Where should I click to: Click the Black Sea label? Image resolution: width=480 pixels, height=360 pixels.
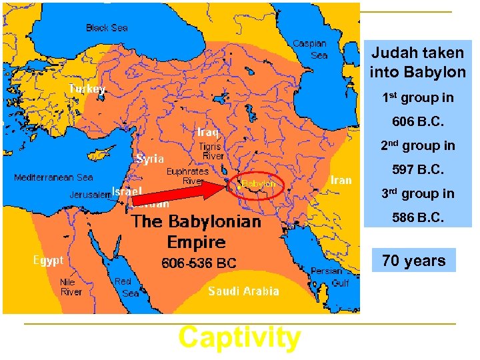point(107,28)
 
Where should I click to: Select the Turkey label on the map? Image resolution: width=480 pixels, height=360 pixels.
point(87,89)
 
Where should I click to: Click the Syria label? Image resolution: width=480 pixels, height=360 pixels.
point(151,159)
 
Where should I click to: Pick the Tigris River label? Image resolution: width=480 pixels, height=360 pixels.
point(212,151)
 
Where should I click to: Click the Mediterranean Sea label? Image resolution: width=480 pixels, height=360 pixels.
point(53,178)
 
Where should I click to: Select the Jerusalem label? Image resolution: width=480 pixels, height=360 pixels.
point(90,195)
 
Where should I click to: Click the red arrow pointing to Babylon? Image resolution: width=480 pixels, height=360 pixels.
point(180,193)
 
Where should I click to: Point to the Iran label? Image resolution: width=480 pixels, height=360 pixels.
point(341,180)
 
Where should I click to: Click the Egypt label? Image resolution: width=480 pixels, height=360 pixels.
point(48,260)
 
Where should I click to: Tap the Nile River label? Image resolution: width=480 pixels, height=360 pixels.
point(71,287)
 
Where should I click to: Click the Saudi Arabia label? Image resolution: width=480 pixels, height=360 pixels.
point(243,291)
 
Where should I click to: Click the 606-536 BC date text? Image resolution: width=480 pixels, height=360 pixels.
point(199,263)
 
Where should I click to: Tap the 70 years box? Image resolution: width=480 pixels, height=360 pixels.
point(414,261)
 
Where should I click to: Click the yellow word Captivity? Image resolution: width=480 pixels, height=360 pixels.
point(239,338)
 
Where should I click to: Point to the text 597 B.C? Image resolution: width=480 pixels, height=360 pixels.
point(418,170)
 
